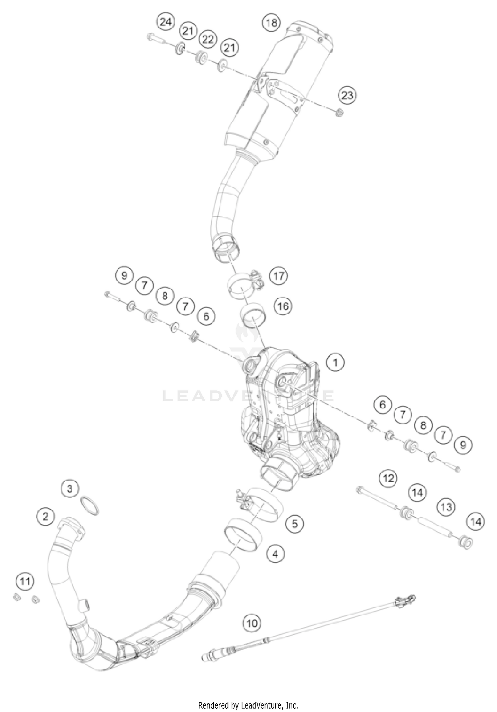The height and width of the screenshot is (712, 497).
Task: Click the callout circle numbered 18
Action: [271, 23]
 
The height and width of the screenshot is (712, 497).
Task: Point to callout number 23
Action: [347, 96]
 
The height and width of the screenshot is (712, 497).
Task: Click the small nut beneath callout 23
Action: [339, 113]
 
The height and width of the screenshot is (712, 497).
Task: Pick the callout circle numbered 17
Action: [279, 275]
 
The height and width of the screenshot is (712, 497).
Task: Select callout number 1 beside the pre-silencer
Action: [335, 362]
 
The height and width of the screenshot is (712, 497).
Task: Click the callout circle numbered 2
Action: [46, 516]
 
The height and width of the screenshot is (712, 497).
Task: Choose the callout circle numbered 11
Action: [25, 581]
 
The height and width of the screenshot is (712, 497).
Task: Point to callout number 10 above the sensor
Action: [252, 623]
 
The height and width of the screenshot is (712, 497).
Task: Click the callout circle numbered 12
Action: [388, 478]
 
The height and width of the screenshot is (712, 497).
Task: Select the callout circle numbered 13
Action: [446, 507]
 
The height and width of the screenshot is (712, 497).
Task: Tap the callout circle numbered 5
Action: [295, 524]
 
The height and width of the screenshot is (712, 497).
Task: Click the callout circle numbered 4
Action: [276, 553]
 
